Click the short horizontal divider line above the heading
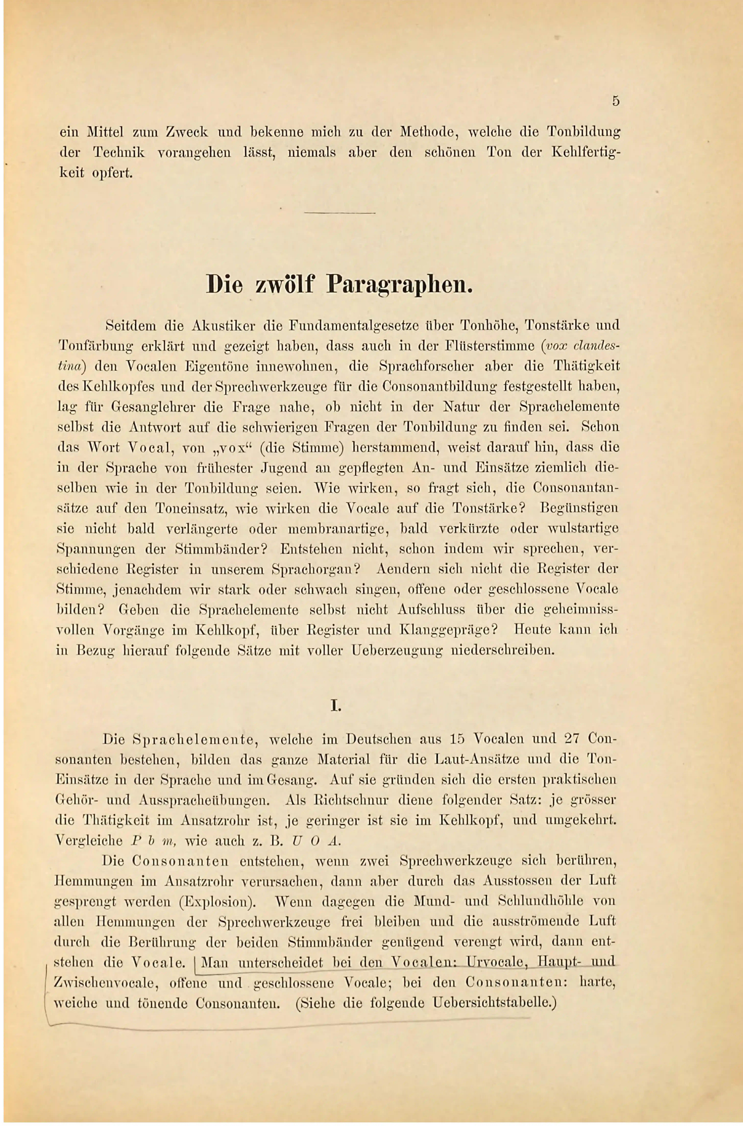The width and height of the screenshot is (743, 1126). coord(340,213)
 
